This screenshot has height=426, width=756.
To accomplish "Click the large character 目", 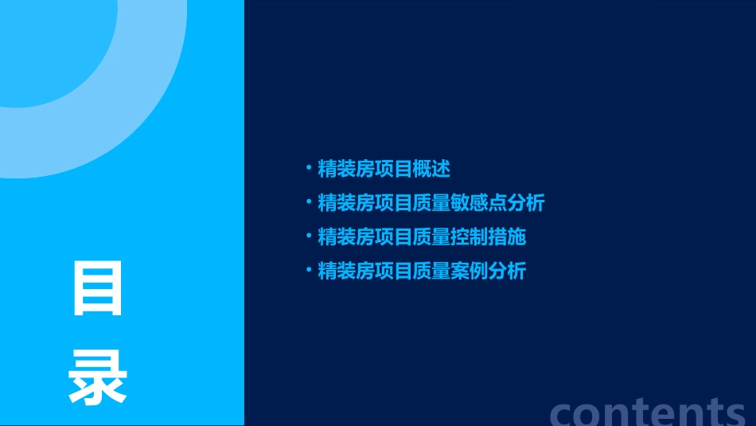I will (x=98, y=288).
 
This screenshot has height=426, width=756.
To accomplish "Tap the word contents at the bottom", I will (x=648, y=412).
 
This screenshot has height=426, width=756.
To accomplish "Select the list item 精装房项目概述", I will (x=384, y=169).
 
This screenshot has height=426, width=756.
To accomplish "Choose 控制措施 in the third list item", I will (x=489, y=237).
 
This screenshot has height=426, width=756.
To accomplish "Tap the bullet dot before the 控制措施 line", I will (x=308, y=236).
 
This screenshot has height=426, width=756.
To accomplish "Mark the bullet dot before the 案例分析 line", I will (x=308, y=270).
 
